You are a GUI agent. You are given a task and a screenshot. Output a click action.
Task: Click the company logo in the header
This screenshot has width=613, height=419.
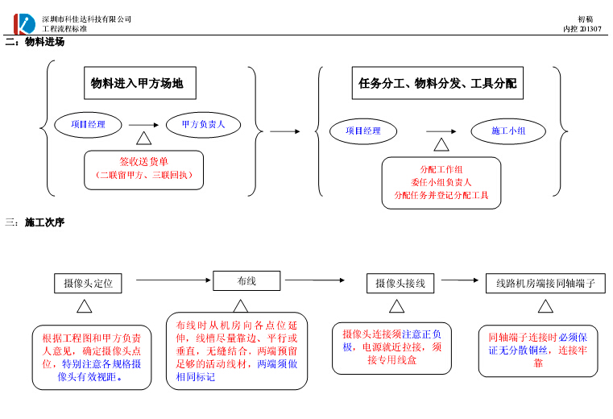pos(25,23)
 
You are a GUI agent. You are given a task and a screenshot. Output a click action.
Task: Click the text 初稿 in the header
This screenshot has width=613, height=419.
pos(586,19)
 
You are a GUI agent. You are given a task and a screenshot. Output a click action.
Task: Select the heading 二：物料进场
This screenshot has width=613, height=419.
pos(34,42)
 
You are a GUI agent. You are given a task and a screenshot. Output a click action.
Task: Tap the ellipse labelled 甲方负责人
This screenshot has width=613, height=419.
pos(204,125)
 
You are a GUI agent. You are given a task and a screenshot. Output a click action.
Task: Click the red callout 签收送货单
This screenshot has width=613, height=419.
pos(144,168)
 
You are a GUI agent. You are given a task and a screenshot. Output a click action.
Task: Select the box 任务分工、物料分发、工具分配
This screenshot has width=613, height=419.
pos(437,83)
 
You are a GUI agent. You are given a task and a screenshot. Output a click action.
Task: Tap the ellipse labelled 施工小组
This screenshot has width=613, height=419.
pos(509,131)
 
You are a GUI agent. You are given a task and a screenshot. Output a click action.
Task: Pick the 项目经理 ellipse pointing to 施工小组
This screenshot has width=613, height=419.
pos(363,131)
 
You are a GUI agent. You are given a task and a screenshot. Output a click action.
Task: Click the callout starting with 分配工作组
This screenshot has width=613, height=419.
pos(441,183)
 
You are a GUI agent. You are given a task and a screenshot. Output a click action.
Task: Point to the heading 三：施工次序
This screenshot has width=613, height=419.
pos(34,222)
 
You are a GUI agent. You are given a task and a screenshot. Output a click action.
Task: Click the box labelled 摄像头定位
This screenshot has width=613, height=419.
pos(88,283)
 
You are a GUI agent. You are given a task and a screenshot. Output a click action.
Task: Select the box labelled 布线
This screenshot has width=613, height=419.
pos(246,280)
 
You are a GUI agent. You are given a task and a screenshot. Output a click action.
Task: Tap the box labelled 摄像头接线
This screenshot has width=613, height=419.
pos(400,283)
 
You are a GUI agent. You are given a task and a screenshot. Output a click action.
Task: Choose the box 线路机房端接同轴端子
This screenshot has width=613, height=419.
pos(545,283)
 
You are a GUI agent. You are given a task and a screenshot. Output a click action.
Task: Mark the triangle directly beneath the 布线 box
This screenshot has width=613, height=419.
pos(241,305)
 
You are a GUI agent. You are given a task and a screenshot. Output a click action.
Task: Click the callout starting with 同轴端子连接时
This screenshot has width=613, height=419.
pos(538,351)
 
